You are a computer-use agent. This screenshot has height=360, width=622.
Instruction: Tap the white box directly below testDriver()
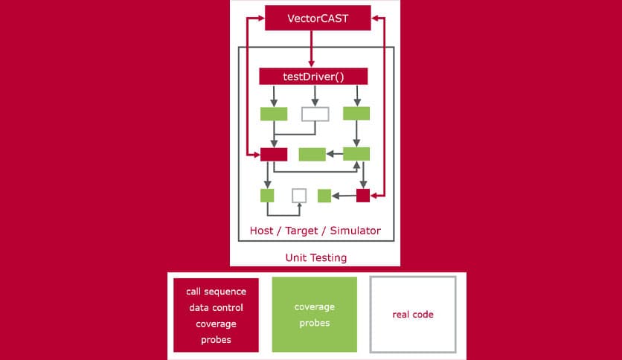[315, 114]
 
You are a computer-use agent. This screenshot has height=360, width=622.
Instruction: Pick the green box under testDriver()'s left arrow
[273, 114]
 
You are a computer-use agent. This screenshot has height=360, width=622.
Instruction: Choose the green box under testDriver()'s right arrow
[356, 114]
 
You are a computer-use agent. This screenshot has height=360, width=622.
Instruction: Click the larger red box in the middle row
[273, 154]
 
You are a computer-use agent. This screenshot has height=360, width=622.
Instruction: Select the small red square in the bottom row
[363, 196]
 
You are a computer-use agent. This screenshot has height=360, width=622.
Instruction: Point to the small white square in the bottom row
[299, 196]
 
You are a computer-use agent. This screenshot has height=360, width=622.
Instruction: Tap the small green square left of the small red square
[324, 196]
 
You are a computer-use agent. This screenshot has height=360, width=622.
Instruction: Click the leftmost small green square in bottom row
[267, 196]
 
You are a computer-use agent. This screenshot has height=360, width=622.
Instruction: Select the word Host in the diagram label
[261, 231]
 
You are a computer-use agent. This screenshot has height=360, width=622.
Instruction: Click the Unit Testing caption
[315, 257]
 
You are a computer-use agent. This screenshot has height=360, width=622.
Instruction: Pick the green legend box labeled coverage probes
[315, 314]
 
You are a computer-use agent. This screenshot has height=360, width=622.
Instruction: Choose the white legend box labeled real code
[413, 314]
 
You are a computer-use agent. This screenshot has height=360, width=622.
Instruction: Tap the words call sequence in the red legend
[215, 291]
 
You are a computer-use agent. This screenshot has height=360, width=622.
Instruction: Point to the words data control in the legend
[215, 307]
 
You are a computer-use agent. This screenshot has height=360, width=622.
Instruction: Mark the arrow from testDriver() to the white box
[315, 95]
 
